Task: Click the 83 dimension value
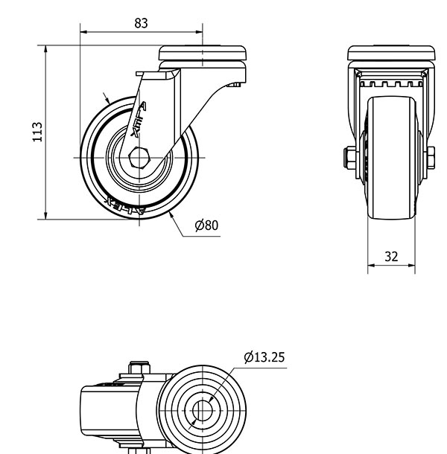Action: pos(141,23)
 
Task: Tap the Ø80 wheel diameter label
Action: pos(206,226)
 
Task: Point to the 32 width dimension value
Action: pos(391,256)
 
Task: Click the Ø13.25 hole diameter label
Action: pos(264,357)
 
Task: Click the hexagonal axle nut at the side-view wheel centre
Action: pos(139,159)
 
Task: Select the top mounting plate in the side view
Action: pos(203,54)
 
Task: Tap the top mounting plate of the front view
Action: pos(392,54)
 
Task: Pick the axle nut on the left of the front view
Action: pos(349,158)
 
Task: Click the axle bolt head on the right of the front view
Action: pos(431,158)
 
